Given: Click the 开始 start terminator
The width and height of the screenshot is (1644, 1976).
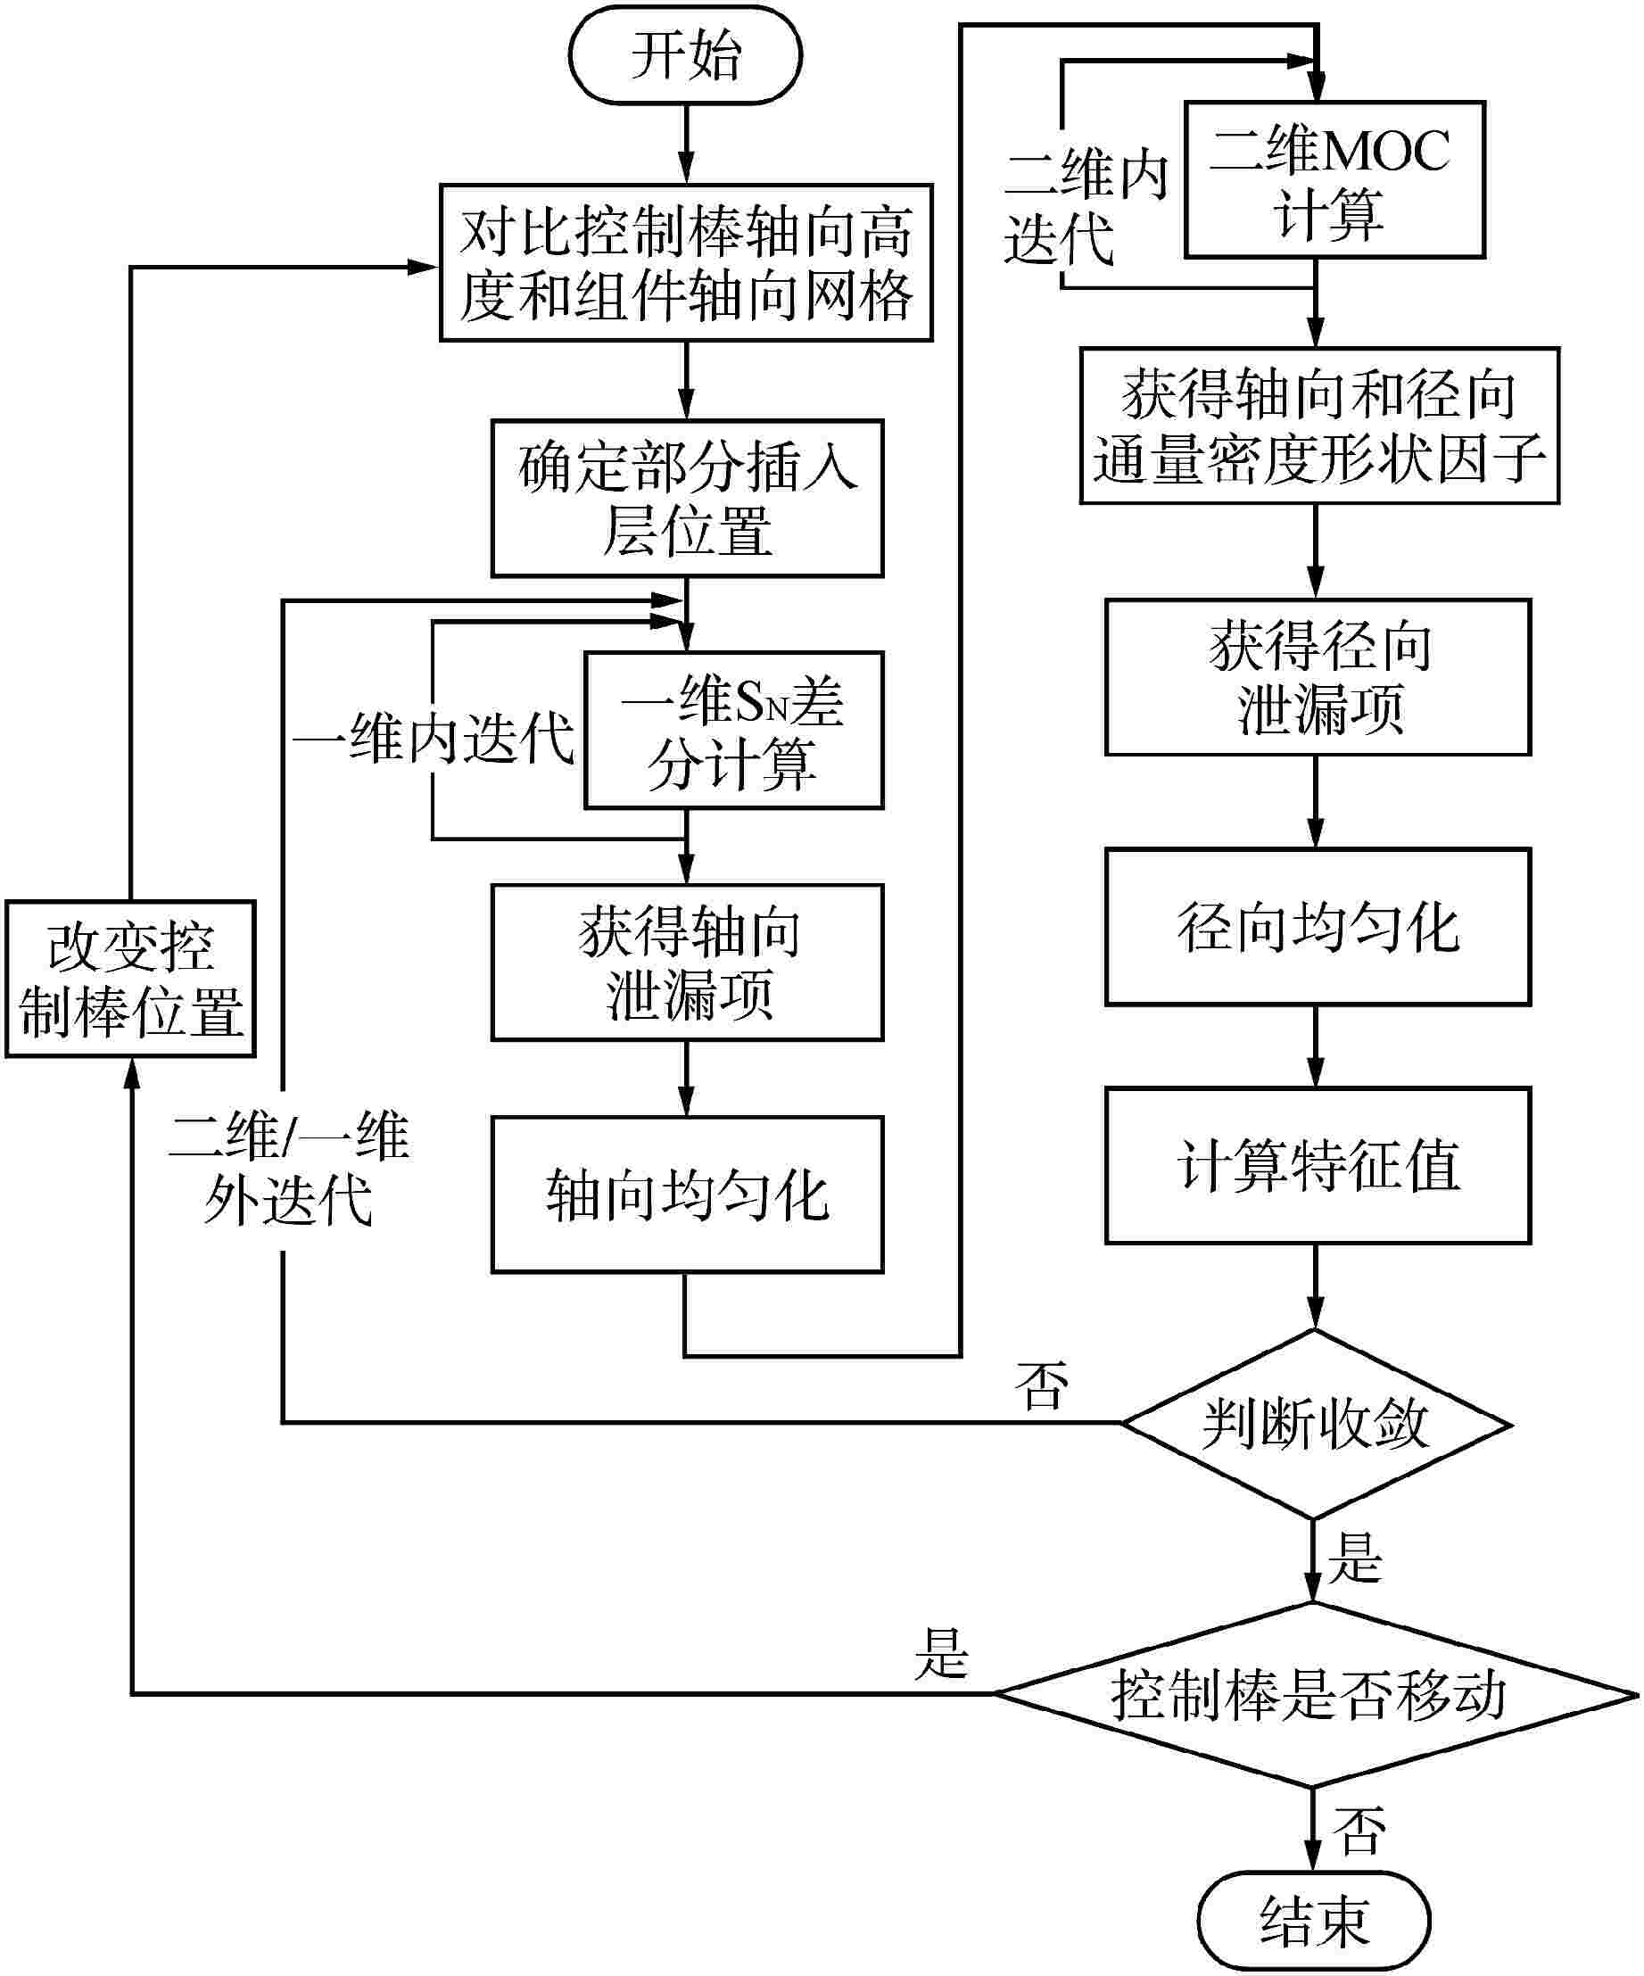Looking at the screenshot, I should click(x=685, y=54).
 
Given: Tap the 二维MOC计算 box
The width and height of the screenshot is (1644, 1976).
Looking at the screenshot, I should click(x=1334, y=179).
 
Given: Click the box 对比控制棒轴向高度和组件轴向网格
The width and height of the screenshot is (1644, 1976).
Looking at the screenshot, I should click(x=686, y=262).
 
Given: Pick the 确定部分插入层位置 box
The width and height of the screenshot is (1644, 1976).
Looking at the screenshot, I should click(x=687, y=498).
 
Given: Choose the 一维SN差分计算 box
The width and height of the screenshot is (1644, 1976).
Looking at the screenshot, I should click(x=733, y=730).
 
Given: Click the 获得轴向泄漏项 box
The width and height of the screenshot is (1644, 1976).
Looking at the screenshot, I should click(x=687, y=962).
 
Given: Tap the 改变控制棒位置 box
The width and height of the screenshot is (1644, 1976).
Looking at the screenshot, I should click(x=131, y=979).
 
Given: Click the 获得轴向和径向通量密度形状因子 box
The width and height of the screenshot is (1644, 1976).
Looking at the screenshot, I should click(x=1318, y=426).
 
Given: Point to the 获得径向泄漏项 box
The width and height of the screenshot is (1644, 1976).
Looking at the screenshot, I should click(x=1318, y=676).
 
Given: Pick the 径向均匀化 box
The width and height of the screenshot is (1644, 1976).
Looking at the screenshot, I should click(x=1318, y=928).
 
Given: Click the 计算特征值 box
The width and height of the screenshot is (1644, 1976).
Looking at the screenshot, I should click(x=1318, y=1165).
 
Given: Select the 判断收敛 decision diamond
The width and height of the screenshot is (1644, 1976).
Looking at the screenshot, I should click(x=1316, y=1423).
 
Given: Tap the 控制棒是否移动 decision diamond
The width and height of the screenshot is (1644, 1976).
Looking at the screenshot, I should click(x=1314, y=1695).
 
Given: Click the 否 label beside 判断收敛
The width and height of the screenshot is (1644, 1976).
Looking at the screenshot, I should click(x=1042, y=1385).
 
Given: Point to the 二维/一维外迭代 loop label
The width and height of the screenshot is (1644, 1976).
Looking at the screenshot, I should click(x=289, y=1167).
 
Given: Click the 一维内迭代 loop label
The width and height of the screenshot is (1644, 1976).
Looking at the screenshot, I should click(x=433, y=739).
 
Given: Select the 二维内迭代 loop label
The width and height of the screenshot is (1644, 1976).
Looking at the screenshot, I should click(x=1085, y=207).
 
